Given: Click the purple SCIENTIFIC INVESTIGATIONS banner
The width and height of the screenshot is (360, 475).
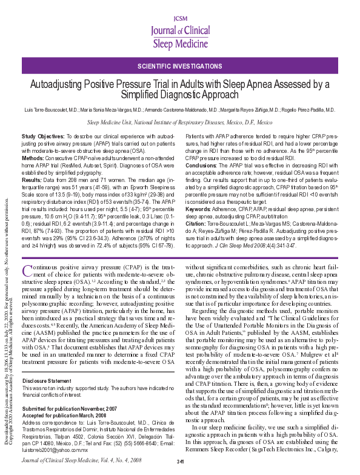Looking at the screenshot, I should (x=180, y=65).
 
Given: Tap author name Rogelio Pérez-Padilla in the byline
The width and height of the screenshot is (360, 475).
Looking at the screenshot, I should (x=310, y=110).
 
